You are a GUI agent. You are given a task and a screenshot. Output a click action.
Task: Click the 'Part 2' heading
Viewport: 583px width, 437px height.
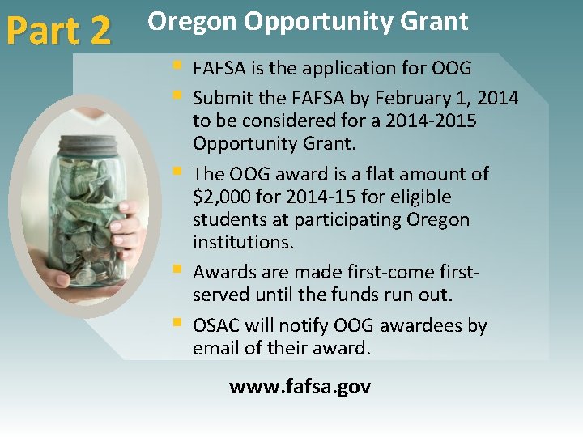(58, 30)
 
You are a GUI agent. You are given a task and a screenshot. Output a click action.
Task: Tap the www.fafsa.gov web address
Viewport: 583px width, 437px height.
(300, 387)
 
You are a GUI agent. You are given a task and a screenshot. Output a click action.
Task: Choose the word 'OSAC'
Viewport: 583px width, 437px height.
(216, 326)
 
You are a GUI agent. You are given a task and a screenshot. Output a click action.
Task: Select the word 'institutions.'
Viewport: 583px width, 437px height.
(243, 242)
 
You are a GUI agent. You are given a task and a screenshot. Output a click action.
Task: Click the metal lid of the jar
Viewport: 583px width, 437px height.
(87, 145)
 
